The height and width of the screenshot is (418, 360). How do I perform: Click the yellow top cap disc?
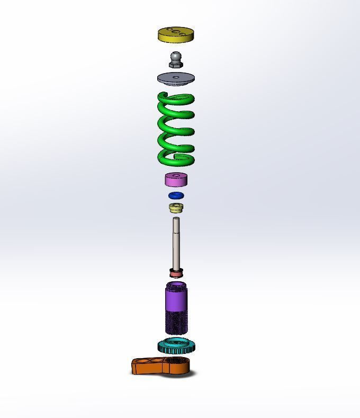tap(176, 38)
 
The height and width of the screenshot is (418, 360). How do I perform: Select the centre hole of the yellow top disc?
tap(176, 32)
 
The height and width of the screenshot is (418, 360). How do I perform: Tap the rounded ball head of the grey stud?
tap(176, 56)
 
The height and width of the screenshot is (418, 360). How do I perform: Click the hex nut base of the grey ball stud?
tap(176, 65)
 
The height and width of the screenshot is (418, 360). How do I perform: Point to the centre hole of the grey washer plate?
tap(176, 78)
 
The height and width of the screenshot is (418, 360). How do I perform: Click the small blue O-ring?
tap(176, 196)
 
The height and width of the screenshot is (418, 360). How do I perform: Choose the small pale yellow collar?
tap(176, 208)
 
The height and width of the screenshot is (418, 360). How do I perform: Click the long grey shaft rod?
tap(176, 244)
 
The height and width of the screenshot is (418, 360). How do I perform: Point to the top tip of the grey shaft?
tap(176, 219)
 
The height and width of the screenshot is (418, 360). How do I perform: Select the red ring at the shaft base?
tap(176, 274)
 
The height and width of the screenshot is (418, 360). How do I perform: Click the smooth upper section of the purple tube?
tap(176, 299)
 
